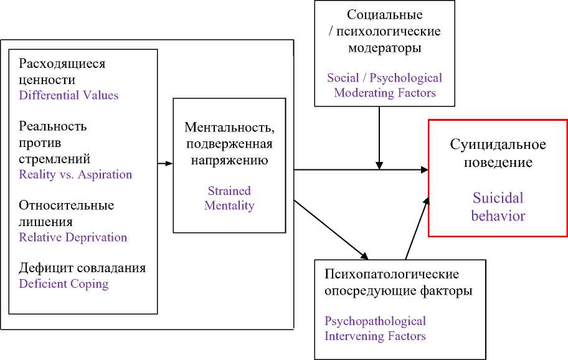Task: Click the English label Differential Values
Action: (69, 95)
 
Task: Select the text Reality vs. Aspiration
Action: (75, 174)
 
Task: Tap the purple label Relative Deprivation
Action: (73, 237)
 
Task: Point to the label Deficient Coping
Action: (64, 283)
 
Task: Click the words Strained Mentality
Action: (229, 198)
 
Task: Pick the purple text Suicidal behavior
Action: (498, 207)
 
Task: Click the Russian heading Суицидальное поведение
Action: (498, 153)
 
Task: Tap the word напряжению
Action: (229, 160)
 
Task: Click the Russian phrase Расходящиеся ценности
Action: (62, 72)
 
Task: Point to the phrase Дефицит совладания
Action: (82, 268)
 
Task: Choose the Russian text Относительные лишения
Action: (67, 213)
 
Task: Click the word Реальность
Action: (53, 126)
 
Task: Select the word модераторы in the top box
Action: (384, 47)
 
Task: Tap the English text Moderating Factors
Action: (384, 93)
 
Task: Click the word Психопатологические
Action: (392, 274)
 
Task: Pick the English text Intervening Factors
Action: (375, 336)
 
